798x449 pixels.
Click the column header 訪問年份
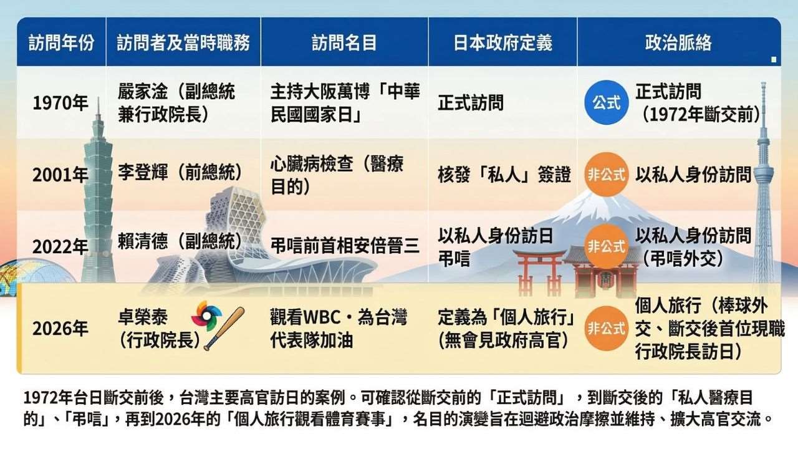pos(62,42)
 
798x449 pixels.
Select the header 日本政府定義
pos(502,42)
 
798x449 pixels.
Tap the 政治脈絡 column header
pos(678,42)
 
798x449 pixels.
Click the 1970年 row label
pos(60,103)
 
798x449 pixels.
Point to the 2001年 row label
pos(60,175)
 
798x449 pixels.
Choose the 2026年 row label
pos(60,329)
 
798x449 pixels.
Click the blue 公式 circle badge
pos(606,103)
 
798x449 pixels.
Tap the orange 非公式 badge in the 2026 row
pos(606,329)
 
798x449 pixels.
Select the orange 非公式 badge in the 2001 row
pos(606,175)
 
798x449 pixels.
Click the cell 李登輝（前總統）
pos(180,174)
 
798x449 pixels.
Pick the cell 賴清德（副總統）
pos(180,242)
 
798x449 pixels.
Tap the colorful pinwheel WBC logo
pos(206,316)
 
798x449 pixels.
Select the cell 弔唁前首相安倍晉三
pos(345,244)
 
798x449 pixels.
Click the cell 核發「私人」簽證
pos(504,175)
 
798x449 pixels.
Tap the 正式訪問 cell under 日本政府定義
pos(470,103)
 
